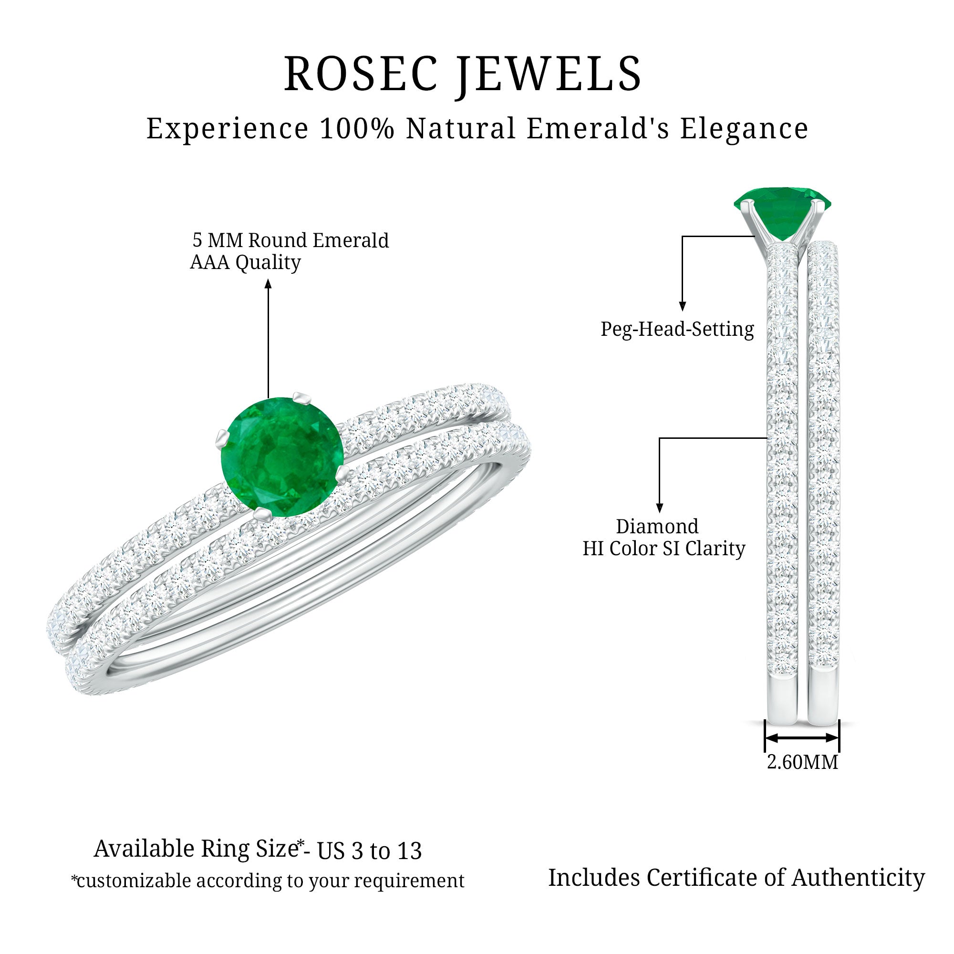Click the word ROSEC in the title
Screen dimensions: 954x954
[x=361, y=74]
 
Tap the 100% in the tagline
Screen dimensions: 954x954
[x=356, y=129]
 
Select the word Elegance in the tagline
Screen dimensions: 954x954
[x=744, y=129]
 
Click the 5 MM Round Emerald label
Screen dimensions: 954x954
[x=290, y=240]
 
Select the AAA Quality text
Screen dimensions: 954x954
[x=245, y=263]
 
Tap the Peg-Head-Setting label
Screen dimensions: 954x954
[x=677, y=329]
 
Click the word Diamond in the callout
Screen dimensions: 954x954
[x=657, y=527]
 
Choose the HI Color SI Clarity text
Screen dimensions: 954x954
[x=664, y=549]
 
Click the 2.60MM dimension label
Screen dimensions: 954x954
[x=802, y=762]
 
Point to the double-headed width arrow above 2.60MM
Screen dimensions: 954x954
[x=801, y=738]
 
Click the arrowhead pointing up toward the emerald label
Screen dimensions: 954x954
[x=268, y=283]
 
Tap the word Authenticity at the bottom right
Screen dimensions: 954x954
[x=858, y=878]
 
